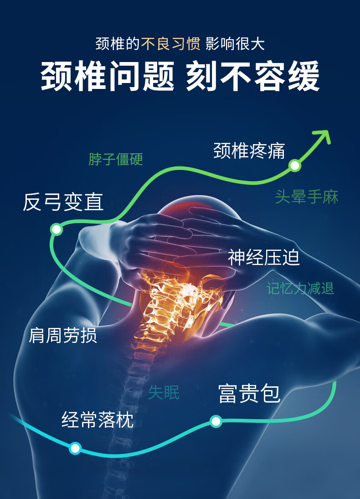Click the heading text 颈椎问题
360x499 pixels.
pyautogui.click(x=108, y=76)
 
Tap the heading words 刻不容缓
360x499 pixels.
pyautogui.click(x=252, y=76)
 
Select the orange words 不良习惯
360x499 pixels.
pyautogui.click(x=171, y=44)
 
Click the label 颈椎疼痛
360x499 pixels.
pyautogui.click(x=249, y=151)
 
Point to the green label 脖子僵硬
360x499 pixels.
pyautogui.click(x=116, y=159)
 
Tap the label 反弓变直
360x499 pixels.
pyautogui.click(x=63, y=202)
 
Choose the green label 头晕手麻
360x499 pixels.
pyautogui.click(x=307, y=197)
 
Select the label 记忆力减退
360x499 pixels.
pyautogui.click(x=300, y=288)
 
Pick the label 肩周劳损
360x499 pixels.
pyautogui.click(x=63, y=336)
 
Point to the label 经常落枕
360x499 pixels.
pyautogui.click(x=98, y=420)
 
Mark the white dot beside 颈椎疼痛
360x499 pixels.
pyautogui.click(x=295, y=166)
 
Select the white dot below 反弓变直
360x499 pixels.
pyautogui.click(x=57, y=229)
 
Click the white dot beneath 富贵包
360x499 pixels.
pyautogui.click(x=216, y=421)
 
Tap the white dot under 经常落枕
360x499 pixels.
pyautogui.click(x=75, y=448)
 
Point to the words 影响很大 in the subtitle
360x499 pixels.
pyautogui.click(x=235, y=44)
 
